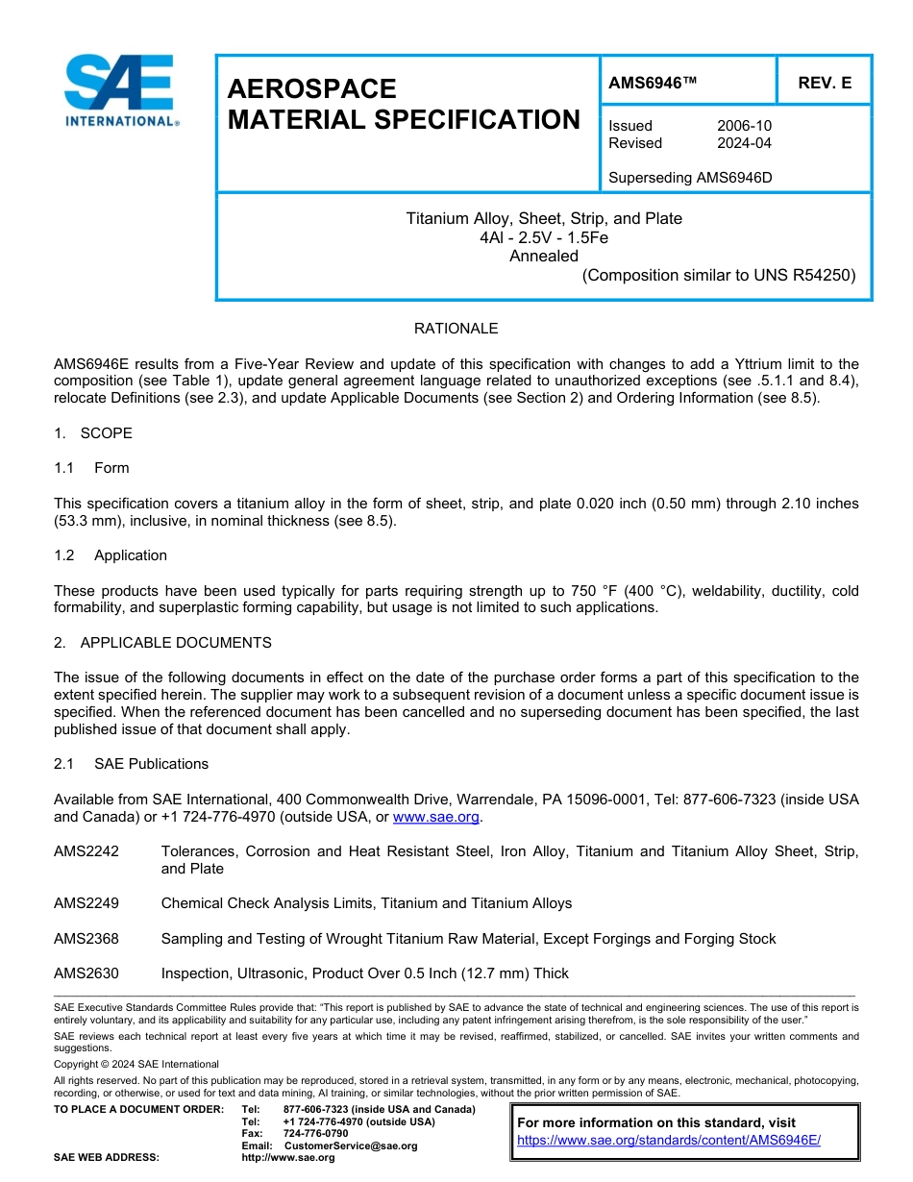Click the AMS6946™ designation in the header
[x=653, y=84]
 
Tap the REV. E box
[x=825, y=84]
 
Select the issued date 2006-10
[x=744, y=126]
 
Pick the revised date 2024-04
[x=744, y=143]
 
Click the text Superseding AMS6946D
[x=690, y=178]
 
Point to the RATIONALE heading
[x=456, y=329]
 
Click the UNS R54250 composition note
[x=718, y=275]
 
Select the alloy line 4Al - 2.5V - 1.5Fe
[x=544, y=237]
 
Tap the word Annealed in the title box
[x=544, y=256]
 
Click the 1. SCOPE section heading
[x=93, y=433]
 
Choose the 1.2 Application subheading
[x=111, y=555]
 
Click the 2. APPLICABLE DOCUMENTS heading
[x=162, y=643]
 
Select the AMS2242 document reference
[x=86, y=851]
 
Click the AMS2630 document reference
[x=86, y=973]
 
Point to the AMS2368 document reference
[x=86, y=939]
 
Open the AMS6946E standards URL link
[x=669, y=1140]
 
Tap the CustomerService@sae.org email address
[x=351, y=1145]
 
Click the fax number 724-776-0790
[x=315, y=1134]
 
